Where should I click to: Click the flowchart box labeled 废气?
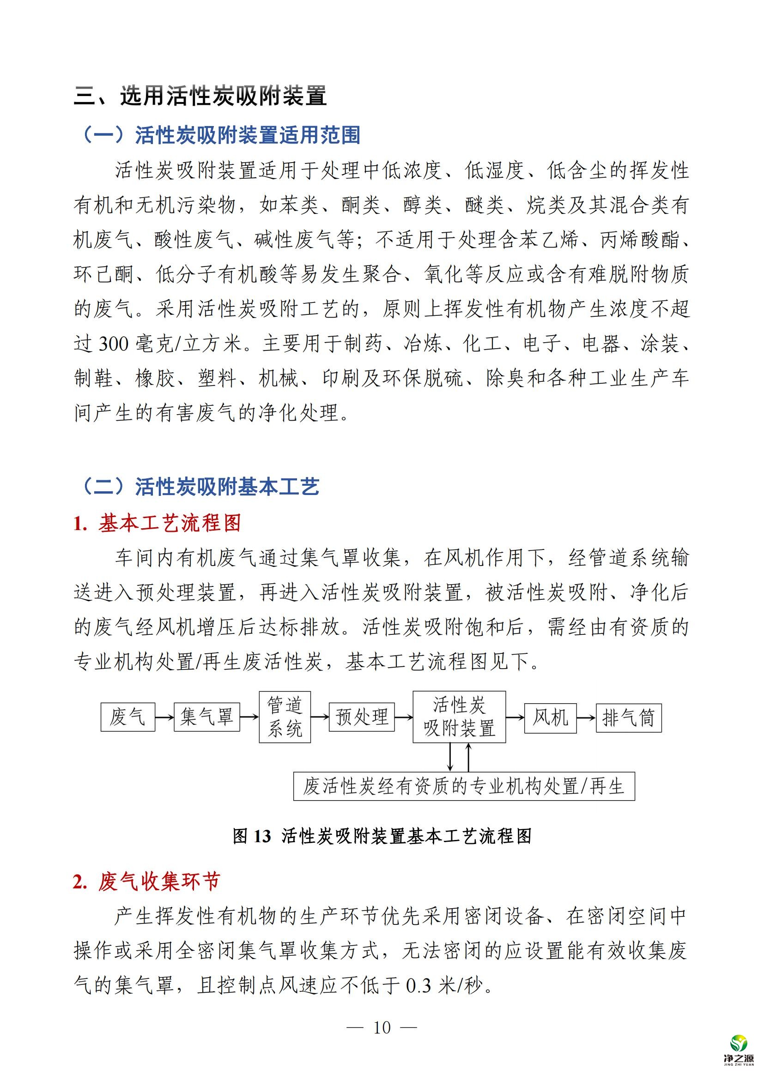pos(127,718)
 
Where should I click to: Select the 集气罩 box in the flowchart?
pos(206,718)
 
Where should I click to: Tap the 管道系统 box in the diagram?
pos(285,717)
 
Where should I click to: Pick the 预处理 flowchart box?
pos(361,718)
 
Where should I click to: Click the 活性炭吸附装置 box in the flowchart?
pos(459,717)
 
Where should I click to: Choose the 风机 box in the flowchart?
pos(551,718)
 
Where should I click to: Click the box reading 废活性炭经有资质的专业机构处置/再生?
pos(464,786)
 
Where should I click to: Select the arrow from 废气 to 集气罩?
pos(164,718)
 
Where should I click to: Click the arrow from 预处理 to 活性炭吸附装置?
pos(404,718)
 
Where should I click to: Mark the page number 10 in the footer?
pos(382,1028)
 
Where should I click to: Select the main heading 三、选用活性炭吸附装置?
pos(200,96)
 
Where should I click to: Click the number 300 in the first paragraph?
pos(113,344)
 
